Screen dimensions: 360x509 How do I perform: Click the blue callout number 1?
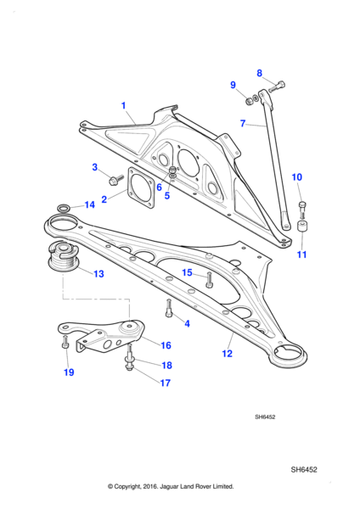click(x=123, y=105)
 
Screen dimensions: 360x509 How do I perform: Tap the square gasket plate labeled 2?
click(x=141, y=188)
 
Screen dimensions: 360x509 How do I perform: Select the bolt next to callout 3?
click(x=116, y=179)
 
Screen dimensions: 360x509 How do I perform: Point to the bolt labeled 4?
click(x=168, y=308)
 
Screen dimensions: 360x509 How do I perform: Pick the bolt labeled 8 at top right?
click(x=277, y=87)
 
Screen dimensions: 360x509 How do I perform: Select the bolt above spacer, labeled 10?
click(x=302, y=210)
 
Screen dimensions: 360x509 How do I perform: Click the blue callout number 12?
click(x=227, y=353)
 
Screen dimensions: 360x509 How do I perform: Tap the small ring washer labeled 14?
click(x=63, y=208)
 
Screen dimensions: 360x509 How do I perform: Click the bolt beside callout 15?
click(x=209, y=280)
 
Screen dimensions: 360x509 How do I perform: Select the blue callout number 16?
click(x=166, y=345)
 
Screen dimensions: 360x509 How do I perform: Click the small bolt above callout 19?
click(x=65, y=342)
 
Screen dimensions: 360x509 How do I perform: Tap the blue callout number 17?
click(x=165, y=383)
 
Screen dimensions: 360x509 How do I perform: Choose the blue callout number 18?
click(x=166, y=365)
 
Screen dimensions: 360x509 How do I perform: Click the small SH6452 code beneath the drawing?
click(x=265, y=417)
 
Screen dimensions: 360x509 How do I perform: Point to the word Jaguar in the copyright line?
click(x=169, y=486)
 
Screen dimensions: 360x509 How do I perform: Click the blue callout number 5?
click(x=167, y=195)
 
